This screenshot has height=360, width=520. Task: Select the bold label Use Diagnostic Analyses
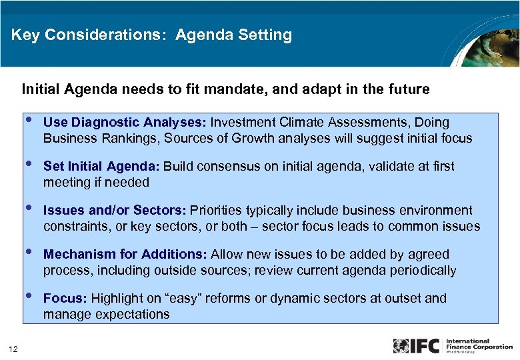[125, 123]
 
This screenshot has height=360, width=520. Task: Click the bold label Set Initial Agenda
[101, 167]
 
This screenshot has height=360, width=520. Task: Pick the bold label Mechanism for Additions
[125, 255]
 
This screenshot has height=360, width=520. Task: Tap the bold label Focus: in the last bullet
[65, 299]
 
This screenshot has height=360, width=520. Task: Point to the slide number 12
[13, 347]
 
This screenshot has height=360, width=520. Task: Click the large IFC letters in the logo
[425, 346]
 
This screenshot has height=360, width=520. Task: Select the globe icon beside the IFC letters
[401, 346]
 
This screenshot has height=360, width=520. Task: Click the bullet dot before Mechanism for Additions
[28, 253]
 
